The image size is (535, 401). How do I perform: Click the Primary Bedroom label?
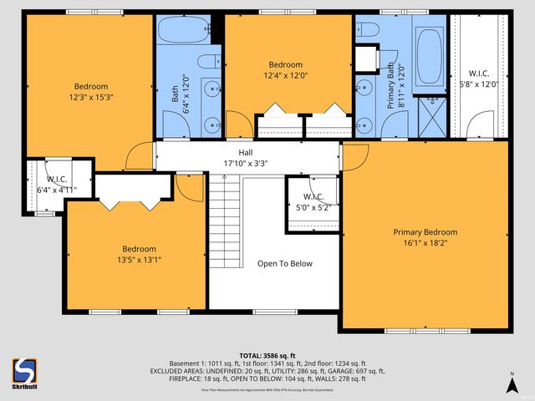(x=425, y=232)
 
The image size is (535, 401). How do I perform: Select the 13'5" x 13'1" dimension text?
(x=139, y=260)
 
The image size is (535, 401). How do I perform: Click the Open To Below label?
(x=284, y=264)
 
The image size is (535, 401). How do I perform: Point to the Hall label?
(x=246, y=152)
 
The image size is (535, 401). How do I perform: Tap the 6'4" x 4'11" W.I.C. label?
(x=57, y=185)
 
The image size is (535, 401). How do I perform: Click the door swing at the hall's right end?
(x=354, y=155)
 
